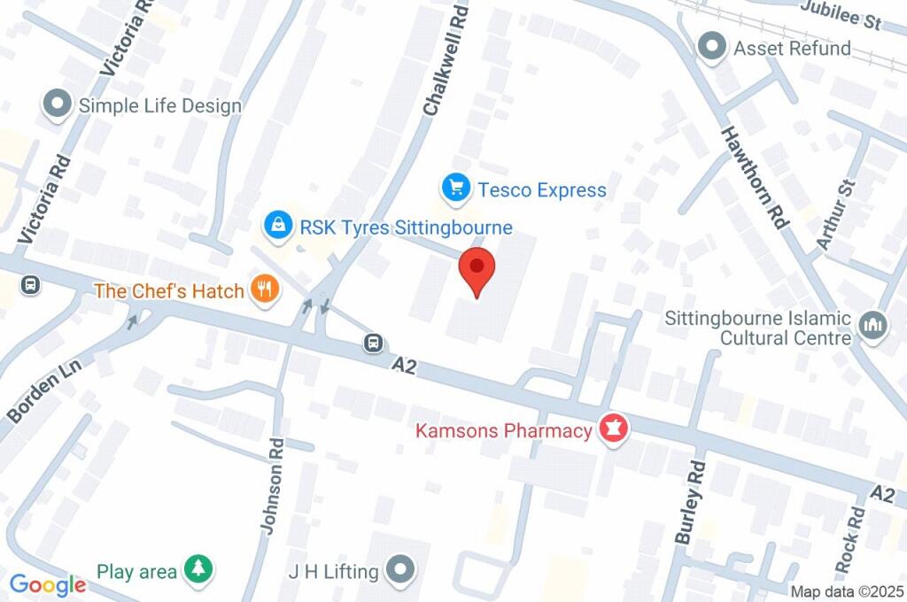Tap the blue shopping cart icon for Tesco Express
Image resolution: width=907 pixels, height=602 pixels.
tap(455, 189)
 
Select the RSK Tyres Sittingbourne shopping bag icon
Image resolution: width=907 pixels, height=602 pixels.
tap(279, 226)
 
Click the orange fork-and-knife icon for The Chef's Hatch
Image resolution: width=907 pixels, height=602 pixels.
tap(265, 289)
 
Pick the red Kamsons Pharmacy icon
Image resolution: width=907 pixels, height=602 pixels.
tap(613, 430)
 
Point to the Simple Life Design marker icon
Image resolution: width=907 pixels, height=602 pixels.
tap(58, 104)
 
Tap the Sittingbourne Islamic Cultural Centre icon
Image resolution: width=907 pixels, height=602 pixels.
tap(873, 325)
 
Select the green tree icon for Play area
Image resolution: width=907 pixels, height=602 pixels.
tap(198, 571)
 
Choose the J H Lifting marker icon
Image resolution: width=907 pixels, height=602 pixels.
tap(400, 571)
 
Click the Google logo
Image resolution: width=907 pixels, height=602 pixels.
tap(48, 584)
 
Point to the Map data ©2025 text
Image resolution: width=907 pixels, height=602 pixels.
tap(847, 591)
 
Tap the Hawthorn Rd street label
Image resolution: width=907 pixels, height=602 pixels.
tap(753, 177)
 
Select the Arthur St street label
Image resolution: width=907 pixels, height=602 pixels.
tap(838, 212)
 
